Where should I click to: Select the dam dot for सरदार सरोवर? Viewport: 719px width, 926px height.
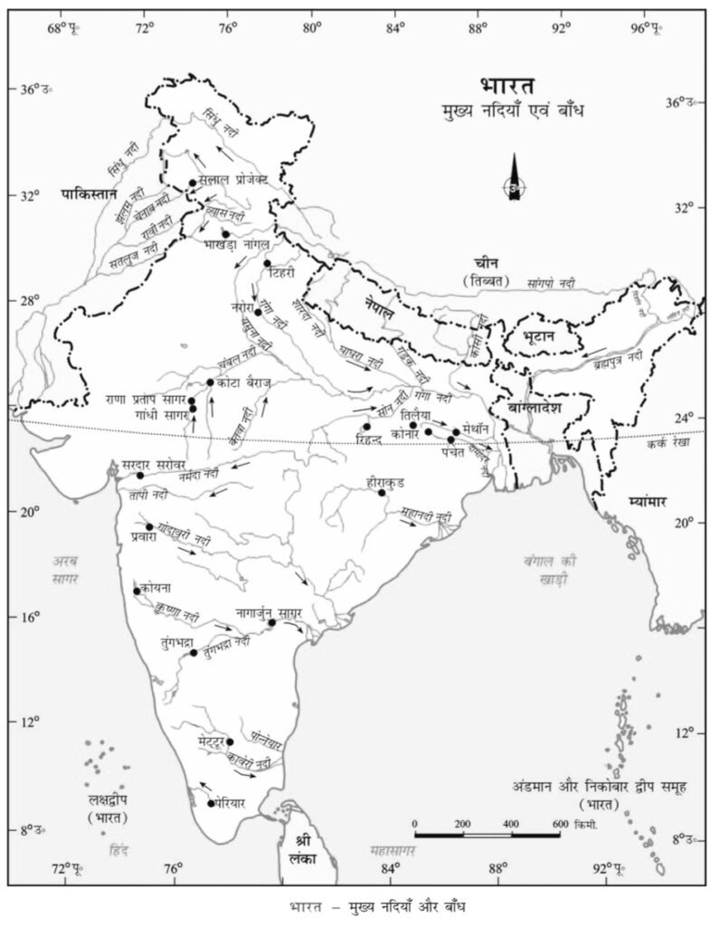tap(140, 476)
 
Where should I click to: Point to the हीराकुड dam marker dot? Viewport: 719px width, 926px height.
tap(382, 493)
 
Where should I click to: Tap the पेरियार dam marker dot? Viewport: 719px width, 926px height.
tap(212, 804)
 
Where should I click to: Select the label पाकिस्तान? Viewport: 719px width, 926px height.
tap(90, 194)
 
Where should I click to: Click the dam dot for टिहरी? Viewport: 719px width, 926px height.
tap(267, 264)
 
